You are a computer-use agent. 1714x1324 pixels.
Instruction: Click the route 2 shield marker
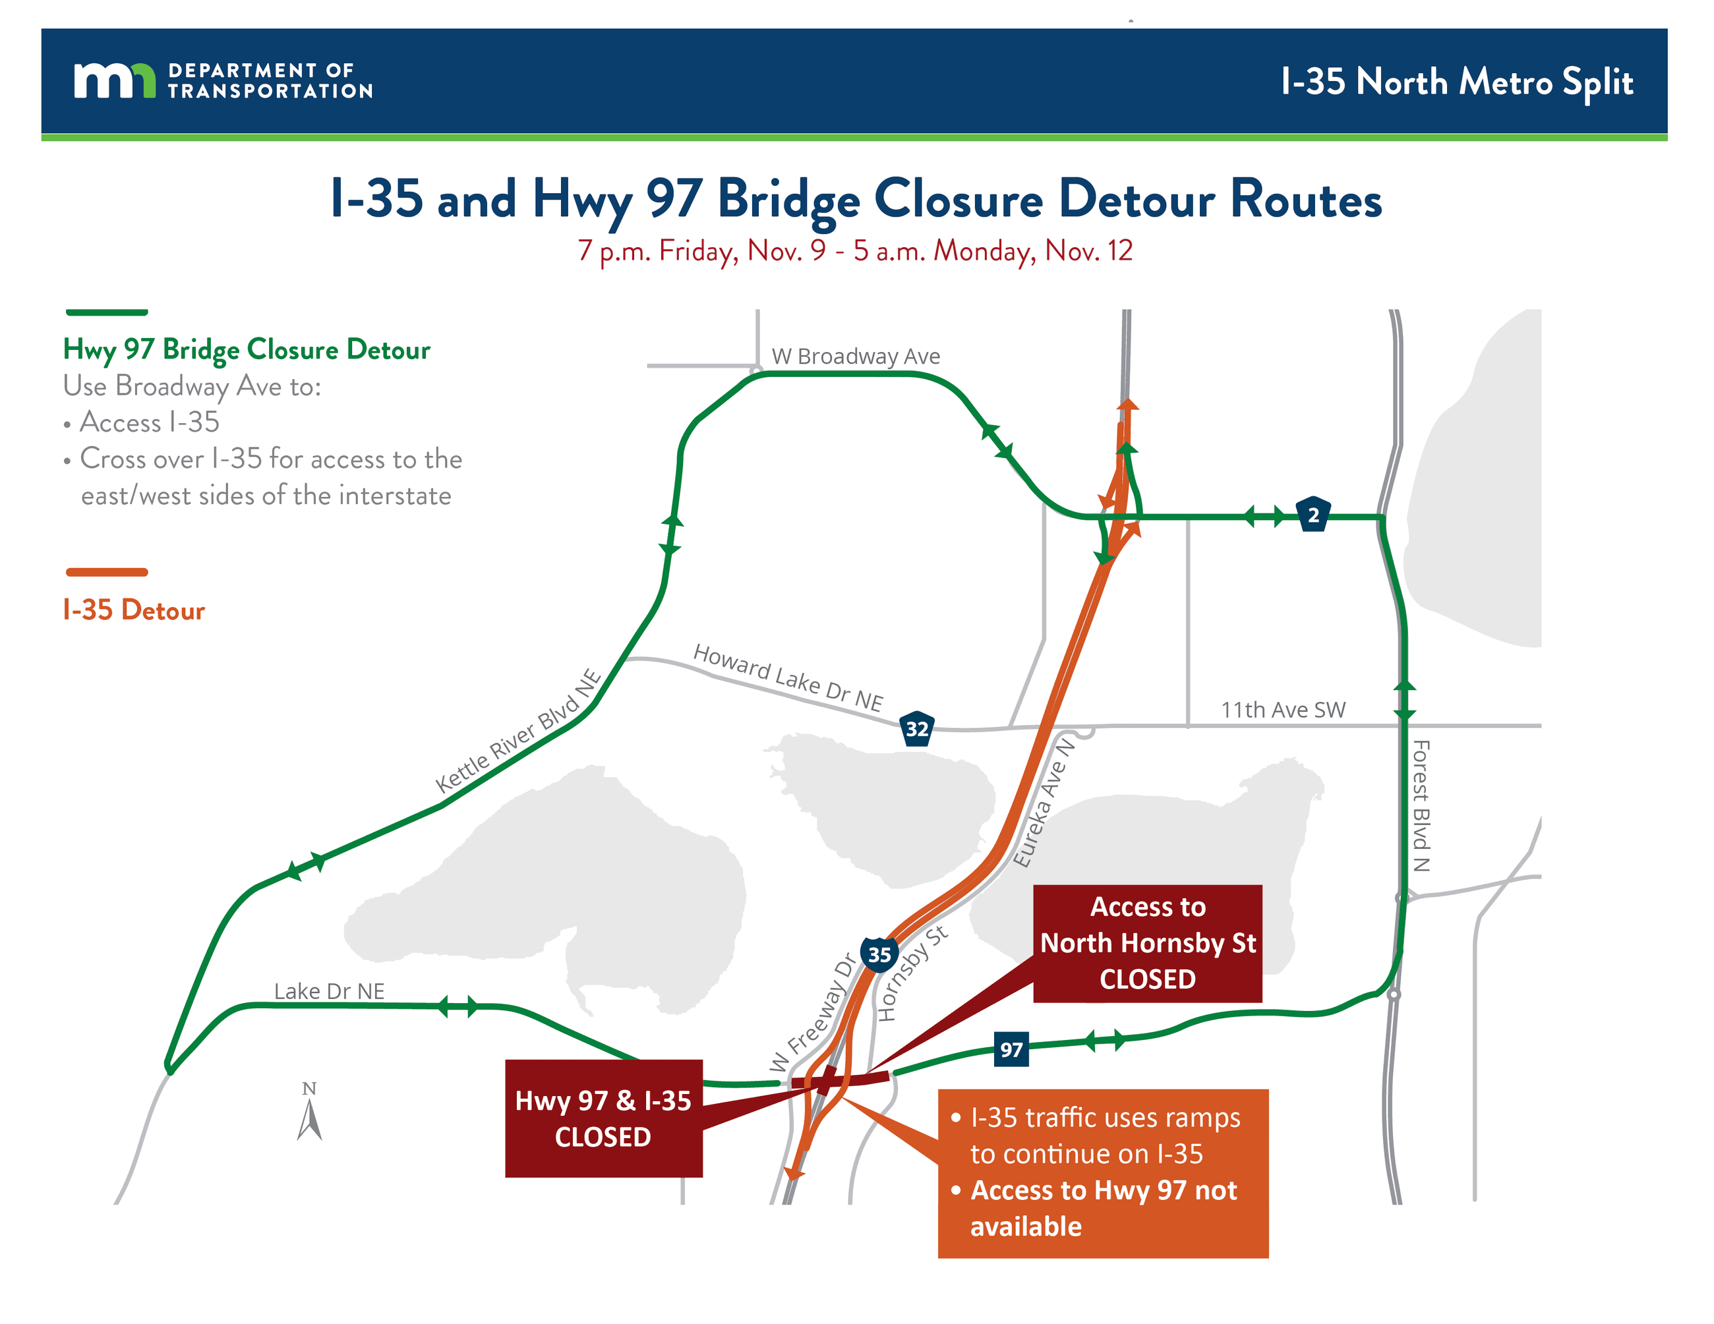tap(1313, 515)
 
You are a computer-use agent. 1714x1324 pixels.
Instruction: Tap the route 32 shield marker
tap(916, 729)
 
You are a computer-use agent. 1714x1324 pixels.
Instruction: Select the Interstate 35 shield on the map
tap(879, 954)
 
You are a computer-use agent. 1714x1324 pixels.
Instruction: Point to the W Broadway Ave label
tap(856, 356)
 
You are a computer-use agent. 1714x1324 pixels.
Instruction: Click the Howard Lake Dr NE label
tap(788, 677)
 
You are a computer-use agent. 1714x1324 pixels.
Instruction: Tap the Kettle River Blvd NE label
tap(519, 731)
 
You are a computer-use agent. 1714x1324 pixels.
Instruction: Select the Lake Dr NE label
tap(329, 991)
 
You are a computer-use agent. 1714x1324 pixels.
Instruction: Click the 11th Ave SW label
tap(1283, 710)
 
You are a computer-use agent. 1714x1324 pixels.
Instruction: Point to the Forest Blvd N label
tap(1421, 805)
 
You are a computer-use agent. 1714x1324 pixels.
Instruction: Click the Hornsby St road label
tap(912, 973)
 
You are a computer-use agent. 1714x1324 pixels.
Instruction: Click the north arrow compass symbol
tap(310, 1114)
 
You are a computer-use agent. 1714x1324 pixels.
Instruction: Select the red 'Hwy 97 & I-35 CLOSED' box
tap(603, 1118)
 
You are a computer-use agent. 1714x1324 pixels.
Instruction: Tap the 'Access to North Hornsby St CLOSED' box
tap(1147, 943)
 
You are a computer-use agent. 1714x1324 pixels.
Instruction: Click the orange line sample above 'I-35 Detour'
tap(107, 573)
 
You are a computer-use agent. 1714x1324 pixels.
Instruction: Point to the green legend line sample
tap(107, 312)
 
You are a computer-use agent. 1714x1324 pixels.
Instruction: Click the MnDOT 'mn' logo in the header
tap(115, 81)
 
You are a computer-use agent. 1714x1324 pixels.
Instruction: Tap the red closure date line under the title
tap(854, 251)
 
